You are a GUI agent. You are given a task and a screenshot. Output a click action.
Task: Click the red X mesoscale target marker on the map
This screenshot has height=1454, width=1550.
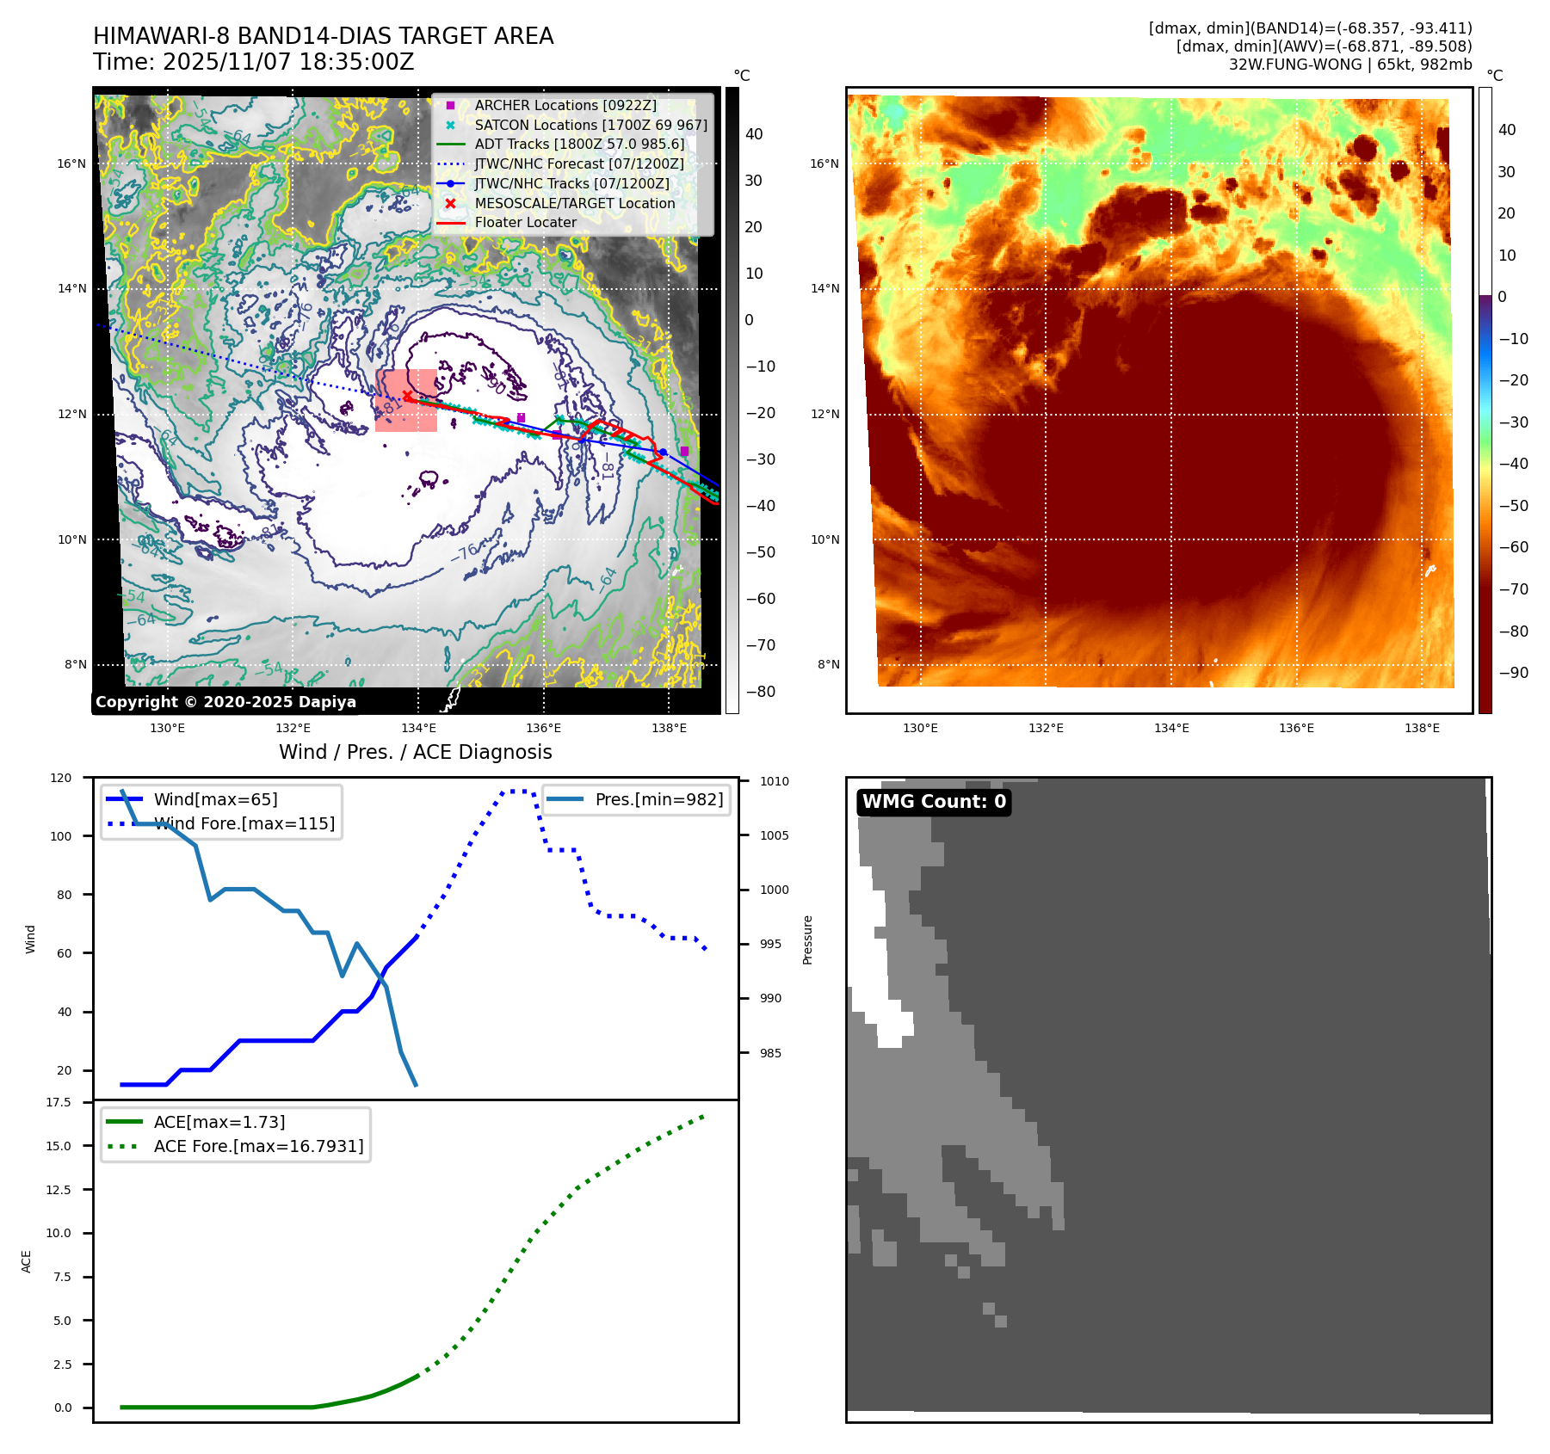coord(407,396)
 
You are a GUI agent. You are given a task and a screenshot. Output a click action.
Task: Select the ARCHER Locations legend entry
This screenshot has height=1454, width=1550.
coord(565,106)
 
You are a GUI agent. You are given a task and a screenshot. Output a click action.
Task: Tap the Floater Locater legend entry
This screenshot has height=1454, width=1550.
coord(525,223)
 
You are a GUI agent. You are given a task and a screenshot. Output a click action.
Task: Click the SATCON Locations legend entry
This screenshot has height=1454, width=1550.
coord(590,126)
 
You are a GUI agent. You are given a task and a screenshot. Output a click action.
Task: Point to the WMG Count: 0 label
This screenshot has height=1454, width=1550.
coord(934,802)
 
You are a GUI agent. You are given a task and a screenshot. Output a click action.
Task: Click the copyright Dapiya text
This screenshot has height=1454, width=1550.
coord(225,702)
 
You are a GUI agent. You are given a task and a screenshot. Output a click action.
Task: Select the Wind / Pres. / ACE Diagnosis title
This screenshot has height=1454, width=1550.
coord(416,753)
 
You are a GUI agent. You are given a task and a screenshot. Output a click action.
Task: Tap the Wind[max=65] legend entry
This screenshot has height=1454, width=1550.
coord(215,800)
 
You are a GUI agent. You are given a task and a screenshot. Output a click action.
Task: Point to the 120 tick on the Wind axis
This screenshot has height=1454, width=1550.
coord(61,778)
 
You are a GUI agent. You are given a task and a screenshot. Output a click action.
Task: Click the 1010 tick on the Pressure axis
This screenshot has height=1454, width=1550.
coord(775,782)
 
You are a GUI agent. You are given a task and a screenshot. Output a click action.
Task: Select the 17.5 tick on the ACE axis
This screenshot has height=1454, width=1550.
coord(59,1103)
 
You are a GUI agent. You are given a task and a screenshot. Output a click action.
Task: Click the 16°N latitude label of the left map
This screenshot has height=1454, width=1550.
coord(72,164)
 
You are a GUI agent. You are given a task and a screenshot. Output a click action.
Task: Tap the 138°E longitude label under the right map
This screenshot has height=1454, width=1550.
coord(1422,729)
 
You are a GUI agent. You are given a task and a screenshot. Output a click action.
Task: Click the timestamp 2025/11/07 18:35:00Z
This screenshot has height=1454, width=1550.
coord(287,63)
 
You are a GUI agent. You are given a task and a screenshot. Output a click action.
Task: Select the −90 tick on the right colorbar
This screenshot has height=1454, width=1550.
coord(1513,673)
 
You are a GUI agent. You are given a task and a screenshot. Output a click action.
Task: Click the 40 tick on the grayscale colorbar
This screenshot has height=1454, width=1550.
coord(754,134)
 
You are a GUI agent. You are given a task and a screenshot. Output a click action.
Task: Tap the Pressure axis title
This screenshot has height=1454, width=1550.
coord(807,940)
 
